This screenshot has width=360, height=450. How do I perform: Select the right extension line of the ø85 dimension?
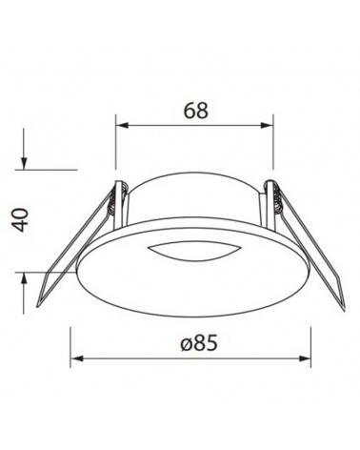point(313,343)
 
